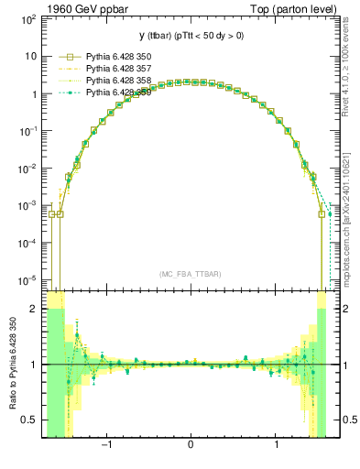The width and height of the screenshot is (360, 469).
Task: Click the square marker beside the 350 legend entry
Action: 62,56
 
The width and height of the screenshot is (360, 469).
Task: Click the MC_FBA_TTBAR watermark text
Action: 190,274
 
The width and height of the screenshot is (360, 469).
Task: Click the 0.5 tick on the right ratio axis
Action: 344,420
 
